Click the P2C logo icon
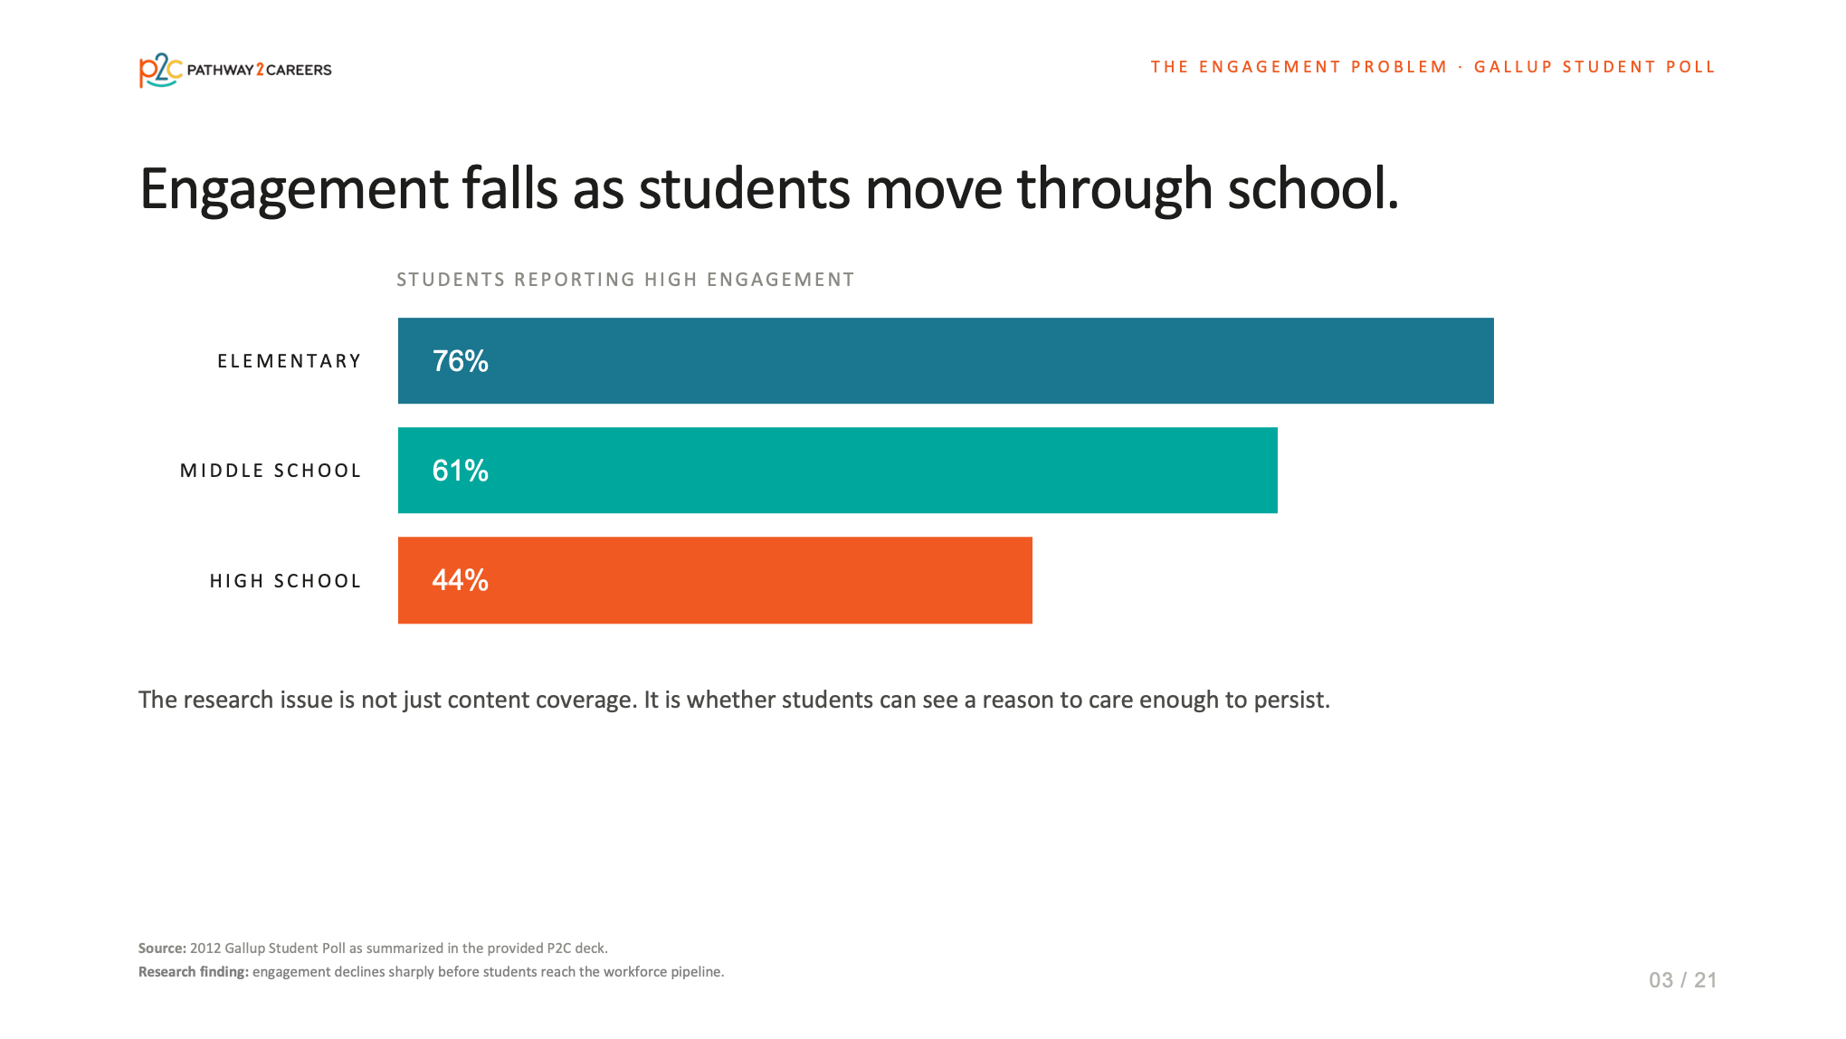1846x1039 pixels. (160, 70)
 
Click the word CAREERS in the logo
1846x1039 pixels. (299, 71)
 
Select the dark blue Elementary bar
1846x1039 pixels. (946, 360)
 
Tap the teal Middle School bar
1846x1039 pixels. (838, 470)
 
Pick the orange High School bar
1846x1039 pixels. (715, 580)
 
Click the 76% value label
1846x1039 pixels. (461, 361)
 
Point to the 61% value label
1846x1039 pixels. (461, 471)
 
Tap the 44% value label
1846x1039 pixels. (461, 580)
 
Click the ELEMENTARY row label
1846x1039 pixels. (290, 361)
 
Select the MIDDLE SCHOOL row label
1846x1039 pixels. (271, 471)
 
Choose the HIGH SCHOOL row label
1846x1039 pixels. (286, 581)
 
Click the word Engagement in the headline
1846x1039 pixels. (294, 190)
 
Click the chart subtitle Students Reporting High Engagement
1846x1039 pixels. (625, 280)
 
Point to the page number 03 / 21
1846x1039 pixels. (1683, 980)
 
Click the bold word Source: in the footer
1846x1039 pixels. (162, 948)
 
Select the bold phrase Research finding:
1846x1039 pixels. (194, 972)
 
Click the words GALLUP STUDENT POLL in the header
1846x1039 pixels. (1595, 67)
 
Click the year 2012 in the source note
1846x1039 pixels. (205, 948)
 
